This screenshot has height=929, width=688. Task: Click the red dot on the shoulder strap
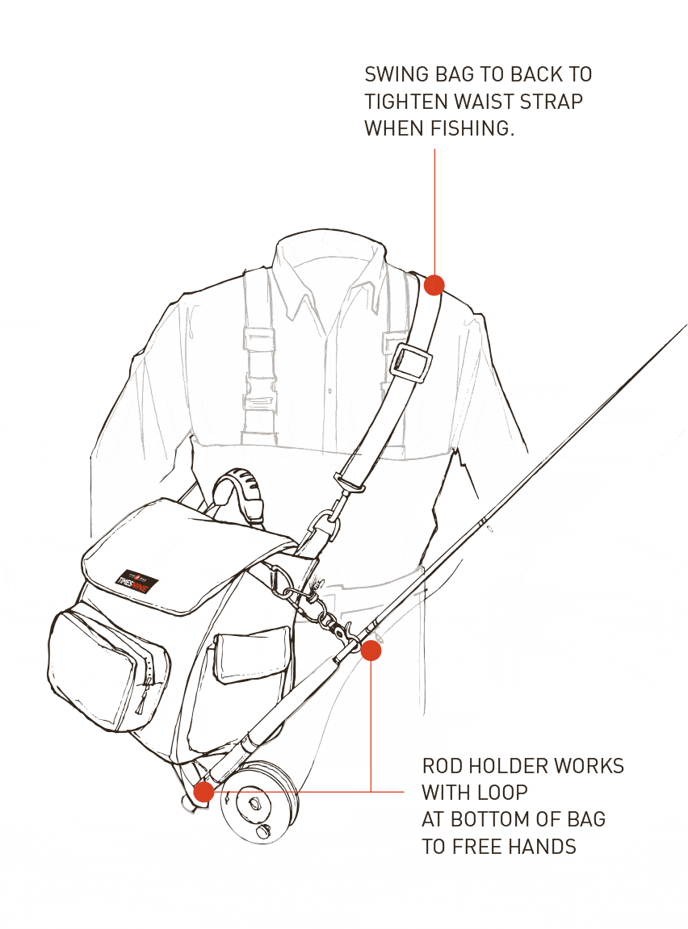coord(434,285)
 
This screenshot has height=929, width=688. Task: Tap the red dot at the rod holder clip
coord(371,651)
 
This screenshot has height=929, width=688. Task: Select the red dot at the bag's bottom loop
coord(203,792)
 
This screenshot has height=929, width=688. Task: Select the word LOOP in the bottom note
coord(504,793)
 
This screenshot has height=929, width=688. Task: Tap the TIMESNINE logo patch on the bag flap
coord(137,580)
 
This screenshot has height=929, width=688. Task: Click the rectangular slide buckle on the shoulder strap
coord(410,361)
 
